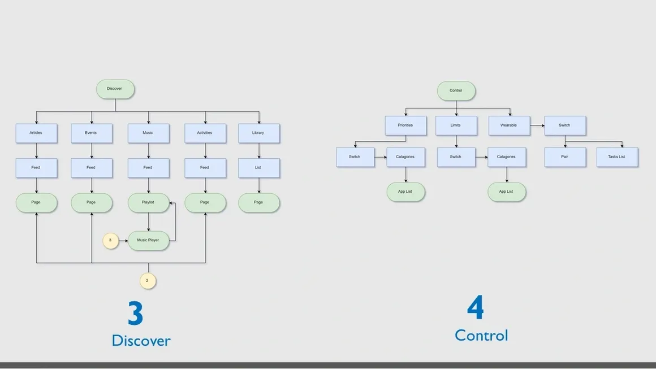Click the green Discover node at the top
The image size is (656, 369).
click(115, 89)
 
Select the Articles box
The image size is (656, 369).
click(36, 133)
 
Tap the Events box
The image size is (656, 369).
click(91, 133)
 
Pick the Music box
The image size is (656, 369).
click(148, 133)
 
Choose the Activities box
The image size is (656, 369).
click(205, 133)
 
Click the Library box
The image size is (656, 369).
click(258, 133)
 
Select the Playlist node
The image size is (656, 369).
click(148, 202)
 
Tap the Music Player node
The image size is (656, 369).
click(149, 240)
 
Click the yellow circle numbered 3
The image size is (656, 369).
click(110, 241)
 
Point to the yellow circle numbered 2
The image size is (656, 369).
click(148, 280)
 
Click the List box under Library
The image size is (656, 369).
click(258, 168)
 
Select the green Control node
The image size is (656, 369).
click(456, 91)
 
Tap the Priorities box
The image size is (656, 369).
click(405, 125)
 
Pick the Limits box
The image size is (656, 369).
click(456, 125)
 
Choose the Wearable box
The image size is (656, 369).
click(509, 125)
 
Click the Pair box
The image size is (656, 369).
click(564, 157)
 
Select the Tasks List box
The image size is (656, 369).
click(617, 157)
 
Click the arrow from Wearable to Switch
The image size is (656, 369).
click(537, 125)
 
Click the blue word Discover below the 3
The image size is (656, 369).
click(141, 340)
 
